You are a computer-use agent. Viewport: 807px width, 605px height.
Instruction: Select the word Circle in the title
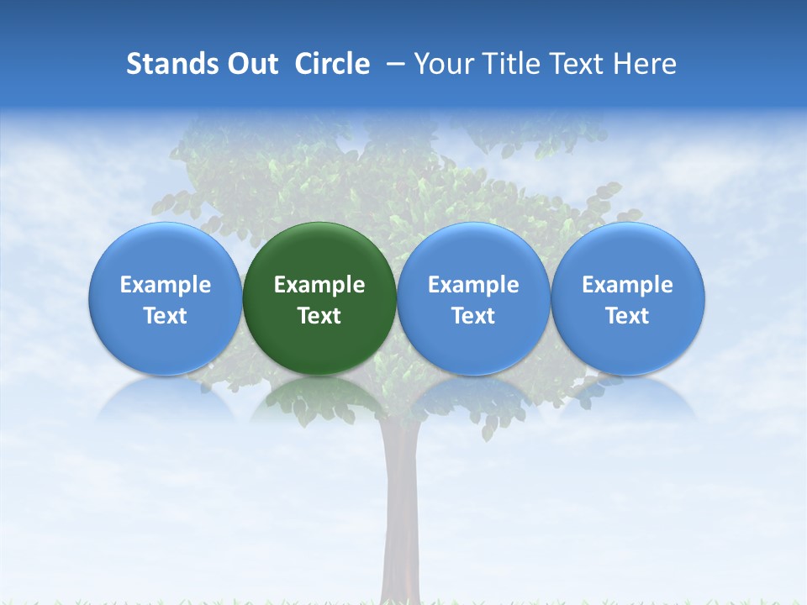(x=332, y=64)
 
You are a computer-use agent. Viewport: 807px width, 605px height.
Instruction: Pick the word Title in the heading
(x=508, y=64)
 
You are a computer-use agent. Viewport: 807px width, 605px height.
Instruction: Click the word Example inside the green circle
(x=319, y=285)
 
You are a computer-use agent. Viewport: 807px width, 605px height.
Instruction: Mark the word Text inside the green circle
(x=319, y=316)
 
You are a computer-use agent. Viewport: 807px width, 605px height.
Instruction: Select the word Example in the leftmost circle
(x=166, y=285)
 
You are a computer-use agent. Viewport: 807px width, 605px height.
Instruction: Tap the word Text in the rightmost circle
(x=628, y=316)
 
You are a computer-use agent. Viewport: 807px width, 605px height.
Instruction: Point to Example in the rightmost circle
(x=628, y=285)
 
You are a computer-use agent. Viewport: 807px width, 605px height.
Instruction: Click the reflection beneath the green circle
(x=319, y=399)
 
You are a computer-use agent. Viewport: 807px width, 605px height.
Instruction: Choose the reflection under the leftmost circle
(x=166, y=399)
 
